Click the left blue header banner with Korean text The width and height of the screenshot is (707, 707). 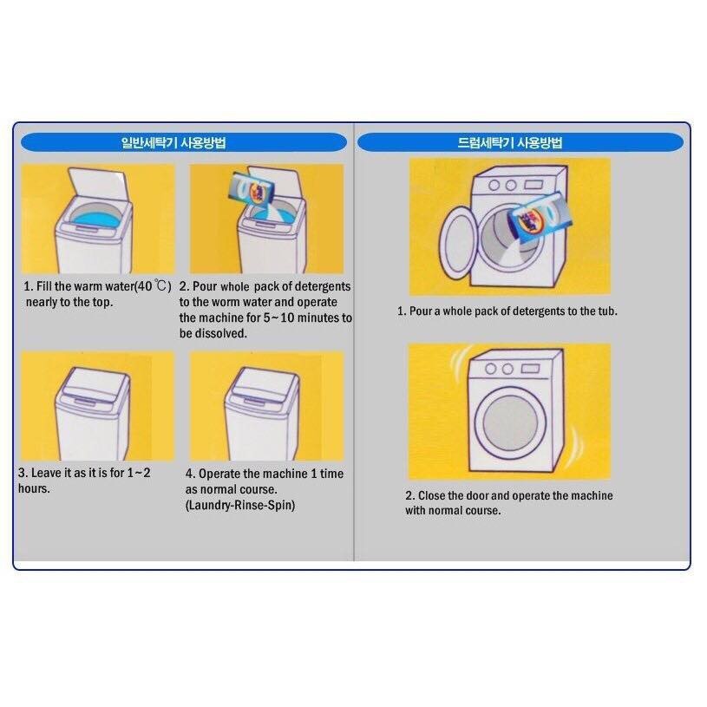tap(184, 142)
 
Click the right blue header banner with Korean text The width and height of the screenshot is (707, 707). tap(520, 142)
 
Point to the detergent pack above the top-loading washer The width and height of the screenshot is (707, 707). tap(251, 190)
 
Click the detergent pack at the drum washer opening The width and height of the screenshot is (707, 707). tap(540, 219)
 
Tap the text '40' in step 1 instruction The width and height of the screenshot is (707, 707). tap(145, 286)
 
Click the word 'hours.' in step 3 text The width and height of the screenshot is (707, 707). tap(35, 488)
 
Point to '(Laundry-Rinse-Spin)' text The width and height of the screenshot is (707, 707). tap(240, 505)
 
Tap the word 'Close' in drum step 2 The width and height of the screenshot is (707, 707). tap(431, 495)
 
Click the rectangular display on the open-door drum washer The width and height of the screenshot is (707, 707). tap(534, 185)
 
